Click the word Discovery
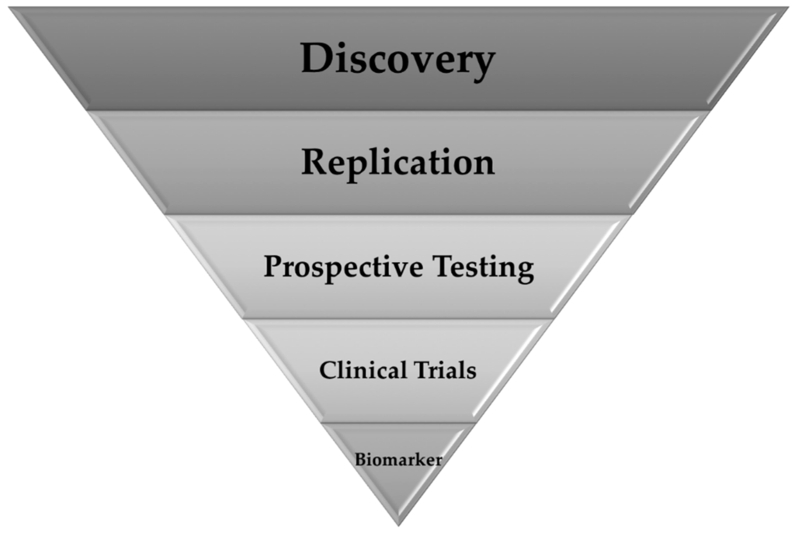coord(397,60)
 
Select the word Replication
coord(397,163)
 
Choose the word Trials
coord(446,370)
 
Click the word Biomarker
coord(398,459)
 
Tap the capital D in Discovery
coord(317,59)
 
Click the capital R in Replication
coord(314,162)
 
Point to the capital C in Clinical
coord(327,370)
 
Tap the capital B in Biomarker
coord(359,459)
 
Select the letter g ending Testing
coord(526,272)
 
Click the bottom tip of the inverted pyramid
coord(398,524)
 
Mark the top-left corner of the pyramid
coord(11,9)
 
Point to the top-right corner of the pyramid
coord(786,9)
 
